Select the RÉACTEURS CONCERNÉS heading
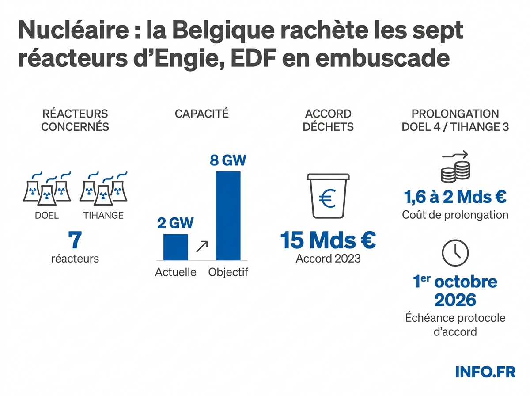(75, 120)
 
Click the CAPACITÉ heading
(202, 114)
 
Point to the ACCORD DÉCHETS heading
(328, 120)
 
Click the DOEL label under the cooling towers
(46, 216)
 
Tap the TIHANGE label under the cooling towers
(103, 216)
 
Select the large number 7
(75, 240)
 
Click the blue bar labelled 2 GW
(175, 247)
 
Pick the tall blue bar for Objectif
(228, 216)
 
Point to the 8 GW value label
(228, 160)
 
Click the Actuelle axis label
(175, 272)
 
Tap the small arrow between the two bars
(201, 246)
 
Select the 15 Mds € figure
(328, 240)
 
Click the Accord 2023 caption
(328, 259)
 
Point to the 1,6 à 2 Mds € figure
(455, 197)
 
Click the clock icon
(455, 252)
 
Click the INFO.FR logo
(485, 372)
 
